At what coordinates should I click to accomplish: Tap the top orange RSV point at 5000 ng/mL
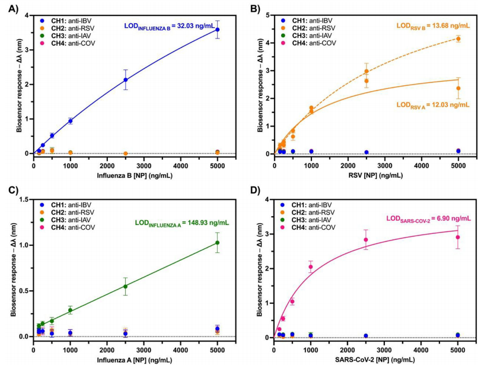[x=458, y=39]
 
